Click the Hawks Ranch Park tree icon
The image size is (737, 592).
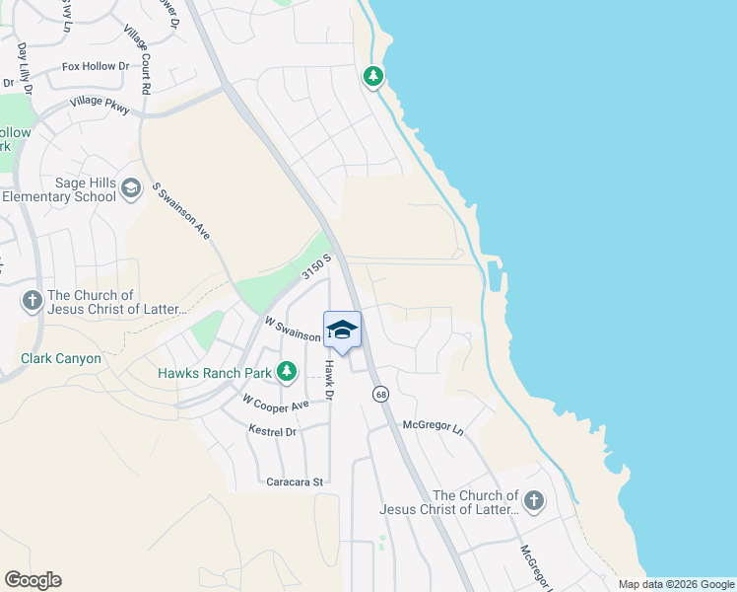(287, 372)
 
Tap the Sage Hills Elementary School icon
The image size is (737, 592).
(130, 186)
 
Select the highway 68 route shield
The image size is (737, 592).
(380, 395)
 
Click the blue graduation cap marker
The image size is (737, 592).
(342, 331)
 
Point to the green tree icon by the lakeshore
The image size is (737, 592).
(373, 76)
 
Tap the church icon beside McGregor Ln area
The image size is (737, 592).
(534, 501)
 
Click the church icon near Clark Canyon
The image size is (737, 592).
(32, 301)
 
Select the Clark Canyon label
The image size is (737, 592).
(61, 358)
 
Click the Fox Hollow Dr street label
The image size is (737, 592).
(96, 67)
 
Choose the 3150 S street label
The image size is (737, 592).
(315, 266)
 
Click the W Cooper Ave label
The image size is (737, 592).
(276, 404)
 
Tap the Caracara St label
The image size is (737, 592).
(296, 481)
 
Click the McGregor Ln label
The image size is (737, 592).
(433, 426)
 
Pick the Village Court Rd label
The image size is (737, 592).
(136, 61)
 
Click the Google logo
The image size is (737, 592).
(33, 580)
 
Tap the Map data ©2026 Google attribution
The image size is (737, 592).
(676, 584)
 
